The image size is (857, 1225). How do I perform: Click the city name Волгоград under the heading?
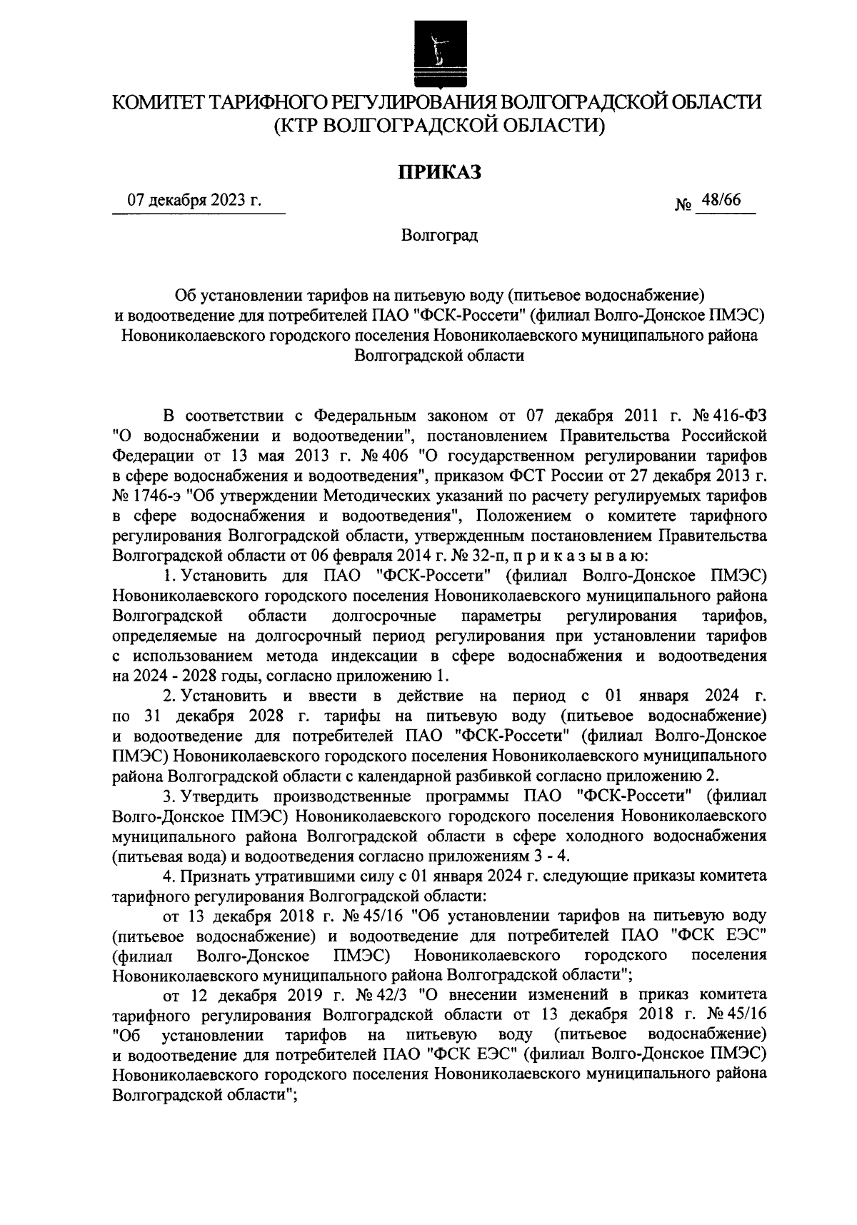pyautogui.click(x=438, y=236)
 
